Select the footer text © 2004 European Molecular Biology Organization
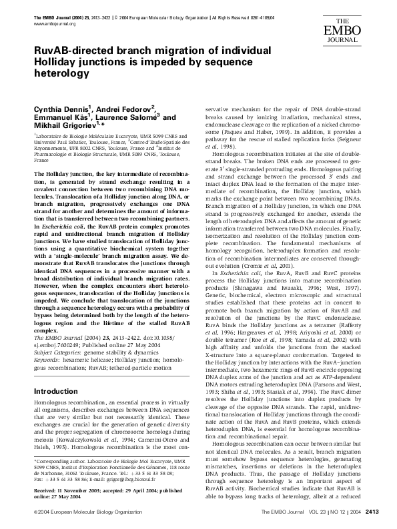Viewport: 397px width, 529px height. pyautogui.click(x=79, y=512)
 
